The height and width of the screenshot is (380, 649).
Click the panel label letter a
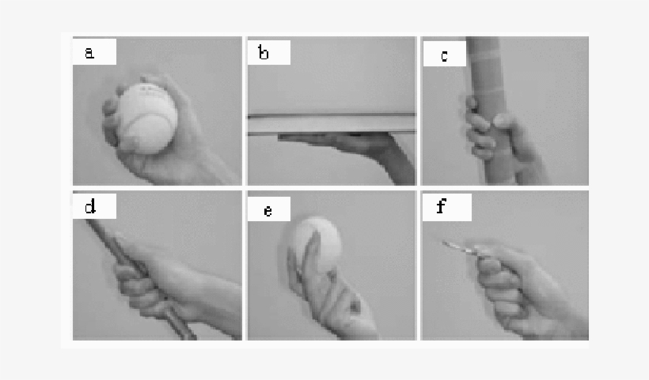coord(89,53)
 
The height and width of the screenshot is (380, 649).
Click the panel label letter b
coord(264,54)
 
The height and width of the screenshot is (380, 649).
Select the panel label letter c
coord(445,56)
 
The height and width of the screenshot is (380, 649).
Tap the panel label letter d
coord(89,207)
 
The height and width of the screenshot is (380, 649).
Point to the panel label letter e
coord(268,210)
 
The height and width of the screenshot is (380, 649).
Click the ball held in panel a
coord(144,118)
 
